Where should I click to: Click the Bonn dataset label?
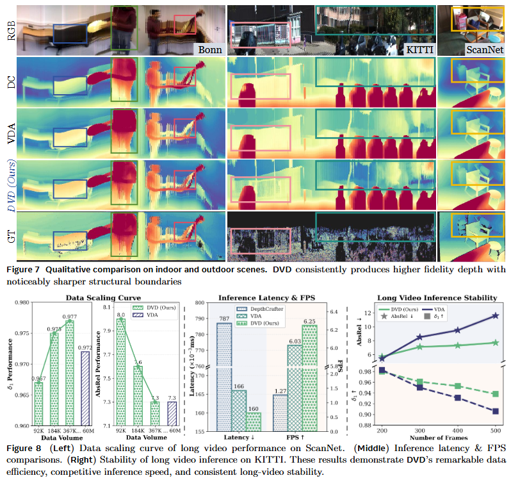[x=209, y=49]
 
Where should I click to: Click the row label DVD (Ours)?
[x=10, y=183]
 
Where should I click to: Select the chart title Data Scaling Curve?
[x=104, y=297]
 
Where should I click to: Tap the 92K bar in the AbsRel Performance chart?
[x=120, y=372]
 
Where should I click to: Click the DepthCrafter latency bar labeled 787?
[x=224, y=372]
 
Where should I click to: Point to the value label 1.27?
[x=279, y=390]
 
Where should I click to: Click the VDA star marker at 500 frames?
[x=495, y=316]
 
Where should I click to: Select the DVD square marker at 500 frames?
[x=495, y=394]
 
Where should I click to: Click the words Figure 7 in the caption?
[x=22, y=269]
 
